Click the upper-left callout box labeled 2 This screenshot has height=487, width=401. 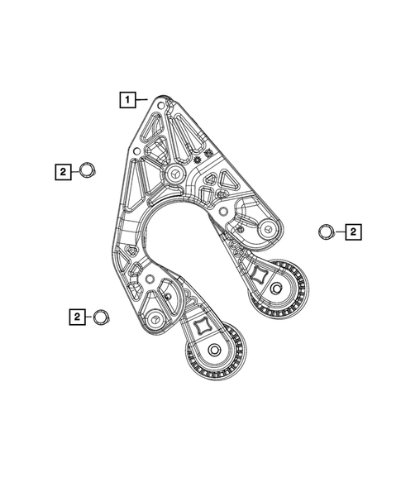[x=62, y=171]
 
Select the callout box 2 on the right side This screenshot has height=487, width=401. [x=352, y=232]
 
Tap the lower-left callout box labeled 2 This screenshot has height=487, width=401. [x=75, y=316]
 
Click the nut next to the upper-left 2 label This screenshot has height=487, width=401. [x=85, y=171]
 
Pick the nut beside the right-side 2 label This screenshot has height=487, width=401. [x=326, y=232]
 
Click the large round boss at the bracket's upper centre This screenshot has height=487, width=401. [x=176, y=174]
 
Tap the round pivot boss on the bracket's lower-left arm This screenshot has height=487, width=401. [x=155, y=318]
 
